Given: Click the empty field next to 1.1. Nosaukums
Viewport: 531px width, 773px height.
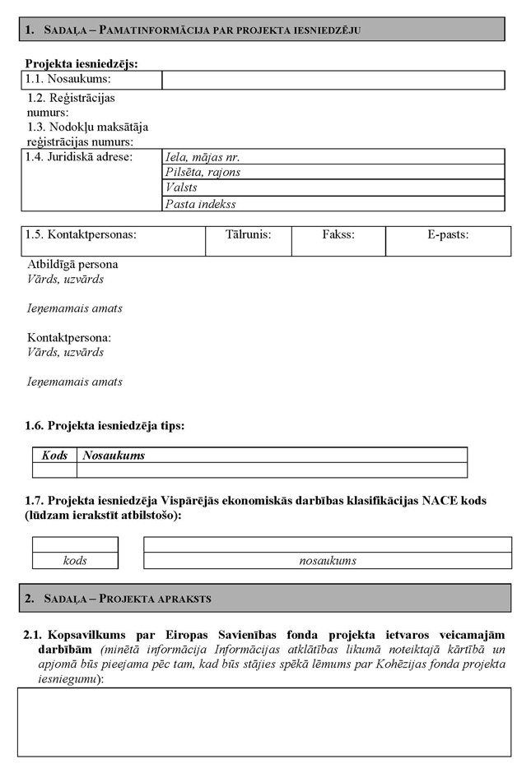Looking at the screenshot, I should click(333, 80).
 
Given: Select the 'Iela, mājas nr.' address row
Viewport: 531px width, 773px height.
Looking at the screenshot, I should click(333, 157).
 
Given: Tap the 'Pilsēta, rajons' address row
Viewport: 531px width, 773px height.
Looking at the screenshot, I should click(333, 173).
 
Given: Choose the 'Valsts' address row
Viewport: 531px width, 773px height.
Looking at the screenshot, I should click(333, 188).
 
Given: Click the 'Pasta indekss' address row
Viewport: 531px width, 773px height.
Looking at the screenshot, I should click(333, 204).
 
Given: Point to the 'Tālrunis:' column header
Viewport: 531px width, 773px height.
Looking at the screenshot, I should click(248, 235).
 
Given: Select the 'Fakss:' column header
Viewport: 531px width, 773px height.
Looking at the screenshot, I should click(338, 235).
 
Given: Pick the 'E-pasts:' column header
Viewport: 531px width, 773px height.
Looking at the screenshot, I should click(448, 235).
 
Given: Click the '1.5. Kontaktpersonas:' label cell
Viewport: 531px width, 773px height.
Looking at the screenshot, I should click(81, 235).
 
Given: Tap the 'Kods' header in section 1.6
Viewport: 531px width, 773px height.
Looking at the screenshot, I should click(54, 456).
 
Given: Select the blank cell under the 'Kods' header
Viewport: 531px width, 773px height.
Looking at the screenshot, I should click(54, 470).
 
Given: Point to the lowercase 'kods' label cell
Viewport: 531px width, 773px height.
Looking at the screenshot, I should click(75, 561).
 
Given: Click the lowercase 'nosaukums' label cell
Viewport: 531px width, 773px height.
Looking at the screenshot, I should click(328, 561).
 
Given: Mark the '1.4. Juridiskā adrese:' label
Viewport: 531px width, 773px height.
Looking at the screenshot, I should click(79, 157).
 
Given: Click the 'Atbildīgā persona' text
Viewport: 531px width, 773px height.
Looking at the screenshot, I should click(72, 265).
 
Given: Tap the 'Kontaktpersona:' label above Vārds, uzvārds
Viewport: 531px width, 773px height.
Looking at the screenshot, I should click(69, 338).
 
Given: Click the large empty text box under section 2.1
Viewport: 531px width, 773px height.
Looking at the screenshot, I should click(264, 721).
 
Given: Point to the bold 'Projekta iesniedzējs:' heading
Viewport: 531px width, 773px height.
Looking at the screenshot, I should click(82, 63).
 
